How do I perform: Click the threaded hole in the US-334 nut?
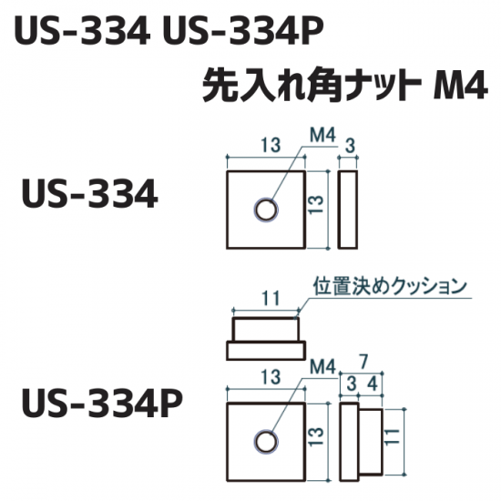click(266, 210)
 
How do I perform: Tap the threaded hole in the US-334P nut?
click(266, 442)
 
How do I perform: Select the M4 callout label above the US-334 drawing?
click(322, 136)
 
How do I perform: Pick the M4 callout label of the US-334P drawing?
click(322, 367)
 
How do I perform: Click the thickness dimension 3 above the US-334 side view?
click(351, 146)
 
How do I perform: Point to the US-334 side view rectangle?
click(348, 210)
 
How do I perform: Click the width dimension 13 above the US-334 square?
click(271, 145)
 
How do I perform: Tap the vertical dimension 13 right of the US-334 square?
click(316, 204)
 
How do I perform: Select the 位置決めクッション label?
click(390, 287)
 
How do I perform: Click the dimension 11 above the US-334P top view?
click(271, 299)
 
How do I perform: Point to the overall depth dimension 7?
click(363, 363)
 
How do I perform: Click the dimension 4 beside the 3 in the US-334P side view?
click(373, 383)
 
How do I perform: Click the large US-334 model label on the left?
click(89, 194)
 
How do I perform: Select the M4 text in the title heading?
click(460, 85)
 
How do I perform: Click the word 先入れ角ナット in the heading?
click(312, 85)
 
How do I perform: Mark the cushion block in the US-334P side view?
click(371, 442)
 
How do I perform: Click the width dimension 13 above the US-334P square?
click(271, 376)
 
